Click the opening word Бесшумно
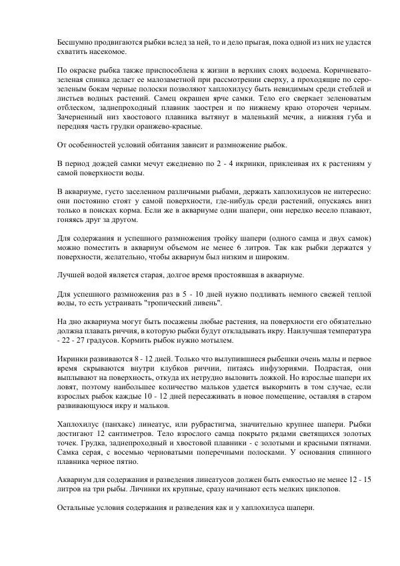[75, 41]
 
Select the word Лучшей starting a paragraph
[71, 275]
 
